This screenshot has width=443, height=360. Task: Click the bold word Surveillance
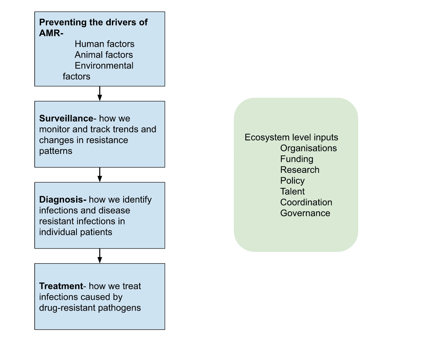(66, 119)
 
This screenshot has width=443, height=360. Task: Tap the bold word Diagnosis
(63, 200)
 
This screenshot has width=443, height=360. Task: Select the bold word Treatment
(61, 286)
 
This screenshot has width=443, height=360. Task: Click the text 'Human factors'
(104, 44)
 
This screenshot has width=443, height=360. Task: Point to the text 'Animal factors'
(104, 55)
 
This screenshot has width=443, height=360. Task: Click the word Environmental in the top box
(104, 66)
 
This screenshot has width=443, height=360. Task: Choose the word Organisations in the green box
(309, 148)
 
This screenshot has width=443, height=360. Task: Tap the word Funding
(296, 159)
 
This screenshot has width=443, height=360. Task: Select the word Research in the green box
(299, 170)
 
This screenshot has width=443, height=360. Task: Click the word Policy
(292, 181)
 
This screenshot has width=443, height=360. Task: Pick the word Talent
(292, 192)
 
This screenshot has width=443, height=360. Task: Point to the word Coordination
(306, 203)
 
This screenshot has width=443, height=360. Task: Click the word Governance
(305, 213)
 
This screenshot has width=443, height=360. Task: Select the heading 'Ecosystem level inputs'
(291, 137)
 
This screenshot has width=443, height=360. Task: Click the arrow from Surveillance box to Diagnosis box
(99, 175)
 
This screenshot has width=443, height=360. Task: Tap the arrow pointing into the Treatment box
(99, 256)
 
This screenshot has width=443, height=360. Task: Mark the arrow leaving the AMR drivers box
(99, 93)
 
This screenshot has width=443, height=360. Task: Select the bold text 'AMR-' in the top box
(51, 33)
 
